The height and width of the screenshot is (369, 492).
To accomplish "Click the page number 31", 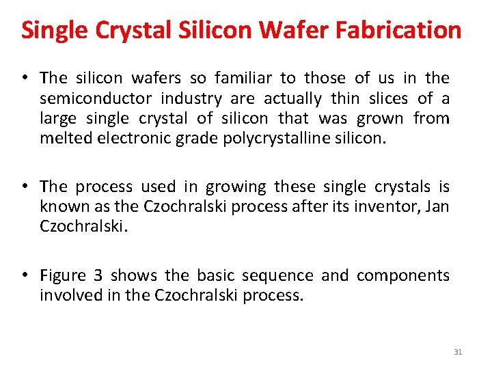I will [458, 352].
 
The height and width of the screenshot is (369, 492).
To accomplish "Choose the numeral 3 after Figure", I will [98, 275].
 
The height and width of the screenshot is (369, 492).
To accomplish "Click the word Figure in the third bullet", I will [63, 275].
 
